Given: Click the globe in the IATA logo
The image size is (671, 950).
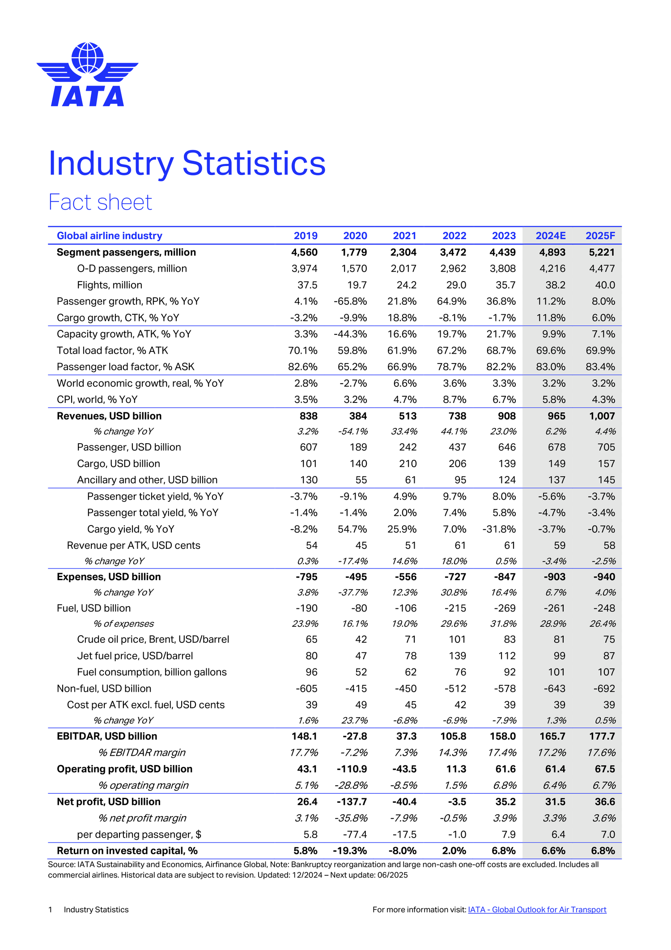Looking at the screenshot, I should click(88, 58).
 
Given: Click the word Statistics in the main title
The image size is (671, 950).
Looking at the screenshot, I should click(254, 163).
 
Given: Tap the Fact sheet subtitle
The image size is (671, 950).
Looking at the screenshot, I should click(100, 202).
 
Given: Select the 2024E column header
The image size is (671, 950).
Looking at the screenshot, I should click(550, 236).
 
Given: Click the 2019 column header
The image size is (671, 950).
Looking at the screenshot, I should click(306, 236).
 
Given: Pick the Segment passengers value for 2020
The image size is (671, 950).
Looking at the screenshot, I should click(354, 252).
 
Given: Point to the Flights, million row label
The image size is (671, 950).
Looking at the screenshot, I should click(110, 285).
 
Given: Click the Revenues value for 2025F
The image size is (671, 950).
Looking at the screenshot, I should click(602, 416).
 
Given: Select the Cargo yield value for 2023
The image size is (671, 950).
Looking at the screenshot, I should click(499, 529).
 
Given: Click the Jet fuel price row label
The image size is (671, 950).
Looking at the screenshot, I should click(135, 656).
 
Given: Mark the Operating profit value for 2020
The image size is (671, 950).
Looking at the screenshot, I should click(352, 769).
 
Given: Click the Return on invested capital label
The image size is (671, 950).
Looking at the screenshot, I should click(127, 851).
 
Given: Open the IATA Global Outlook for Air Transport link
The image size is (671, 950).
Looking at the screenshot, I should click(537, 910).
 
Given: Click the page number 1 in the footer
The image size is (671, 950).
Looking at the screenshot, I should click(51, 910).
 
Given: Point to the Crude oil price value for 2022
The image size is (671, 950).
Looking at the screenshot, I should click(457, 639).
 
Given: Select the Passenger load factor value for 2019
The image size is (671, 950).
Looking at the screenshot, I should click(303, 367).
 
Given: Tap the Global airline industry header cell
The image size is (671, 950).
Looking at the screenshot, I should click(110, 236).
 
